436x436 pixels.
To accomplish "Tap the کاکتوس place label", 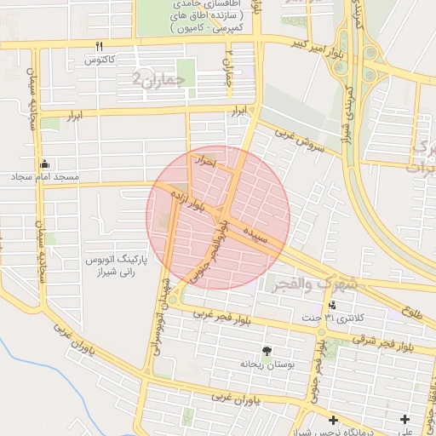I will click(x=99, y=60).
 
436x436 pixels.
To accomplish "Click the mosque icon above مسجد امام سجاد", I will click(x=44, y=163).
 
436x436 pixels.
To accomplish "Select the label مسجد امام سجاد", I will click(x=44, y=177).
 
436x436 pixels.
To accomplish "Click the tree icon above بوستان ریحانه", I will click(x=267, y=350).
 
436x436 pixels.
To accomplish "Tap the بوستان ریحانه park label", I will click(x=267, y=364).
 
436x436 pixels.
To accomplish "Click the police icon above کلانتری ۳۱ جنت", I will click(x=331, y=304).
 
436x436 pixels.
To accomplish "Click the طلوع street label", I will click(x=413, y=310).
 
